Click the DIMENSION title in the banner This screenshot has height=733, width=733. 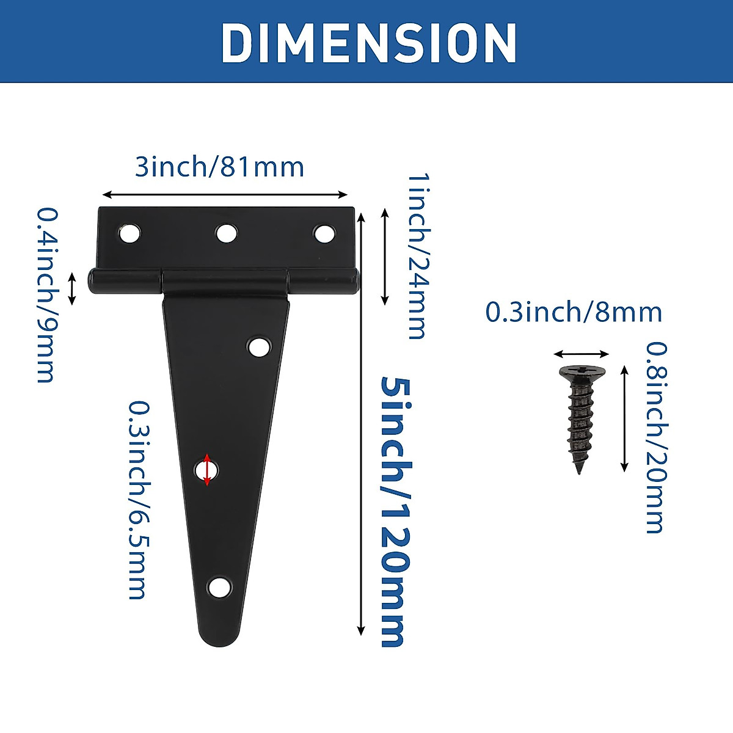[x=369, y=43]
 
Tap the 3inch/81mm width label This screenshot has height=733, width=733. [x=219, y=167]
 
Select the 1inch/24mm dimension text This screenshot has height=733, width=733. [x=418, y=255]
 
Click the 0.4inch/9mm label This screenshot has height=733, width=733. [x=46, y=295]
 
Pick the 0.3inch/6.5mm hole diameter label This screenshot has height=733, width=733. [x=138, y=500]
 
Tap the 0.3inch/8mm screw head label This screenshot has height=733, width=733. [x=574, y=312]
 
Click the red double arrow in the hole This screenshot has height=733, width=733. [x=207, y=470]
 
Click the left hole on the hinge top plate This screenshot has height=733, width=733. [x=129, y=233]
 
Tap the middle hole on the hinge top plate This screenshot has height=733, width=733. [x=227, y=233]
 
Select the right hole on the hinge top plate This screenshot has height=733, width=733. [x=324, y=233]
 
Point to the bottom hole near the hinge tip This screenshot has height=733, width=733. [x=219, y=588]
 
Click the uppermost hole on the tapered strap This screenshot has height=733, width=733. [x=259, y=347]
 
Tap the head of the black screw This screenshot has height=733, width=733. [x=582, y=373]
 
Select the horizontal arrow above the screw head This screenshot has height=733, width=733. [x=582, y=354]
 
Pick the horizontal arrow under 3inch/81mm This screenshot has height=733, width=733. [x=225, y=195]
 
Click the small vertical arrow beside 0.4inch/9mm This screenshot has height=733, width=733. [x=72, y=289]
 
